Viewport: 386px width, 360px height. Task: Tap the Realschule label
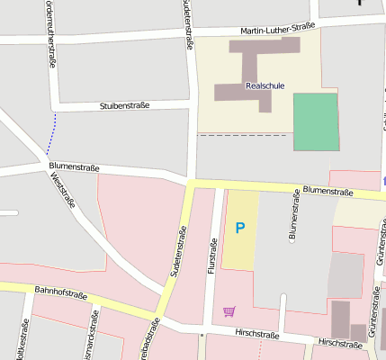coord(265,85)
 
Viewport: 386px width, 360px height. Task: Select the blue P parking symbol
coord(239,229)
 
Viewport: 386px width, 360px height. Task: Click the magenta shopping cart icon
coord(229,311)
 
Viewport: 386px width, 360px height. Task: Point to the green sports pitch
coord(316,121)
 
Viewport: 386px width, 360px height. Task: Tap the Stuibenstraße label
coord(123,105)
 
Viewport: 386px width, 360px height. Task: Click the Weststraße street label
coord(63,192)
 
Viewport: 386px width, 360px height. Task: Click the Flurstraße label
coord(213,258)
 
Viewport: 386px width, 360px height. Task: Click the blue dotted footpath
coord(49,134)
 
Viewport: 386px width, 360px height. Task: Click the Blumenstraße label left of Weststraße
coord(72,167)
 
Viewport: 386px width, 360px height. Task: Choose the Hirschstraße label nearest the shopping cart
coord(257,335)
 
